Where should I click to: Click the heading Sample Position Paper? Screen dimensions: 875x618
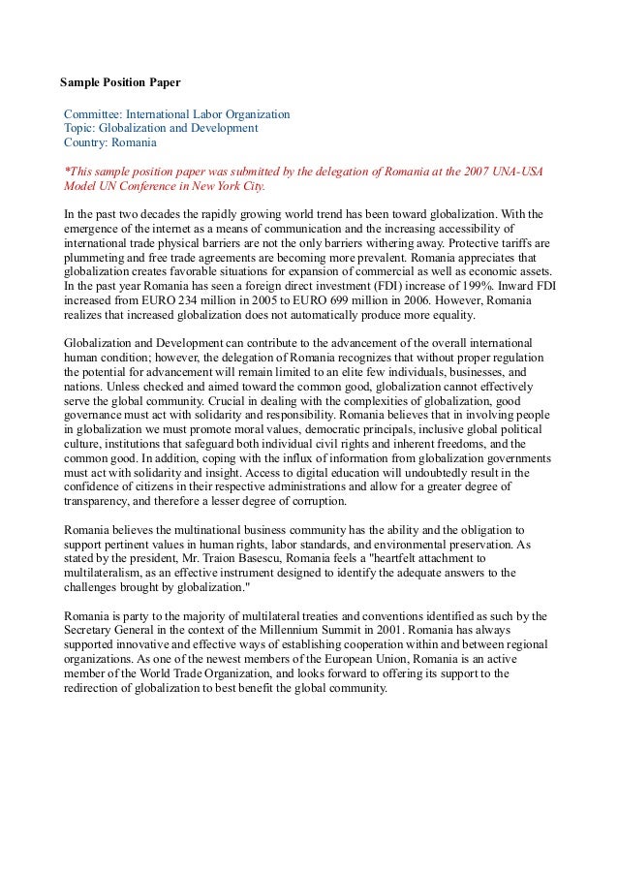(120, 82)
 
